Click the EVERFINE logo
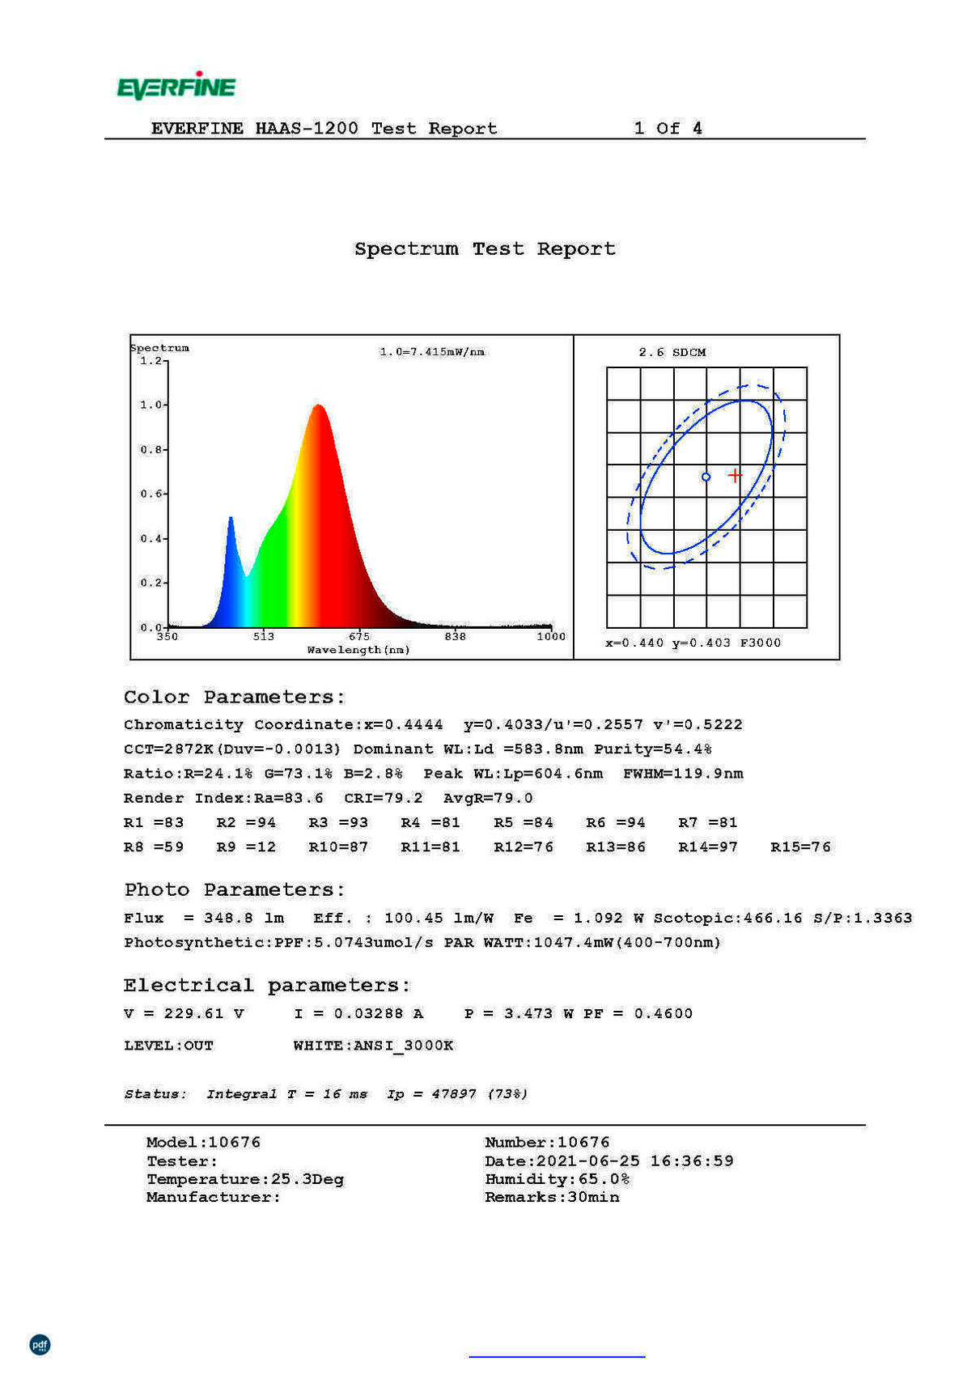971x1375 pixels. [176, 86]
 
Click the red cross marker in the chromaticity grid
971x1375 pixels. [734, 475]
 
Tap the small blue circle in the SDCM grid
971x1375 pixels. [706, 477]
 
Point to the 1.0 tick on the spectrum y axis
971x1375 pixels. [152, 405]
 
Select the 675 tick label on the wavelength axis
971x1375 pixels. [359, 636]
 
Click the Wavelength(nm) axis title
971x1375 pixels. [358, 650]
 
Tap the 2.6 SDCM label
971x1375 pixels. [672, 352]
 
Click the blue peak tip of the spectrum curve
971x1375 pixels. [231, 518]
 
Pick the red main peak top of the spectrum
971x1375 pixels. [319, 405]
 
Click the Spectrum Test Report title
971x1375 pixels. [485, 248]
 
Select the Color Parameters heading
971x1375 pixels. [235, 697]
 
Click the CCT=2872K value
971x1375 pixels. [168, 749]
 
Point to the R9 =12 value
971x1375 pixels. [246, 847]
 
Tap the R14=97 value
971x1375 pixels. [708, 847]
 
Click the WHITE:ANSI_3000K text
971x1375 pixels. [373, 1046]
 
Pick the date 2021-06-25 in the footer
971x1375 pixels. [588, 1161]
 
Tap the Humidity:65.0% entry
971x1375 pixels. [558, 1179]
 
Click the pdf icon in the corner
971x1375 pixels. [40, 1344]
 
